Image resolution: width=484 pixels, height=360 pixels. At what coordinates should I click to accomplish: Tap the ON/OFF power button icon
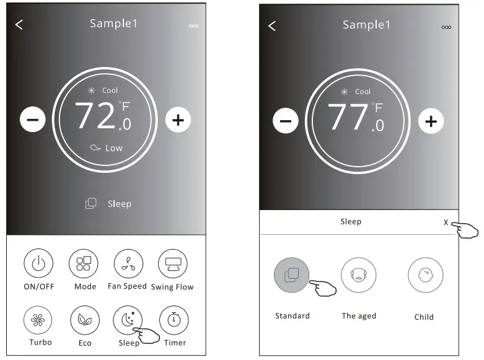[38, 263]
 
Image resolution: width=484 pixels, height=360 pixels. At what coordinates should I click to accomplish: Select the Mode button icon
[84, 263]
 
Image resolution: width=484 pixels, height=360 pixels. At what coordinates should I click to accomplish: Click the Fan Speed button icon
[128, 263]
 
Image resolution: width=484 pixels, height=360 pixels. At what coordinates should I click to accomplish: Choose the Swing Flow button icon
[173, 263]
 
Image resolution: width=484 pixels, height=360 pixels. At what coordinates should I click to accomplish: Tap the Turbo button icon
[38, 320]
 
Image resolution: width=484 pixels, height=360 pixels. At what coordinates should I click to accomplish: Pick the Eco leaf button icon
[85, 320]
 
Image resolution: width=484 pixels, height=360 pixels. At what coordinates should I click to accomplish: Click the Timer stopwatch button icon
[174, 320]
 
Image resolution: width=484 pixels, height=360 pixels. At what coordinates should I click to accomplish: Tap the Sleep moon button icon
[128, 320]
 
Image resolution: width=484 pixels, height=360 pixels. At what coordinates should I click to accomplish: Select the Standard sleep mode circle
[291, 274]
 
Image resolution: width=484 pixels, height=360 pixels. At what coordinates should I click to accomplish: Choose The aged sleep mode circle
[359, 274]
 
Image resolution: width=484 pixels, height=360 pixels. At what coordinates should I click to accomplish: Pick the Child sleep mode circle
[426, 274]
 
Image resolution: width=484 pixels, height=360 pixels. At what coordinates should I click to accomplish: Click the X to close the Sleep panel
[446, 222]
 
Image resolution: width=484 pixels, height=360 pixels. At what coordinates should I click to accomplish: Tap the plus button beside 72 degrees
[178, 120]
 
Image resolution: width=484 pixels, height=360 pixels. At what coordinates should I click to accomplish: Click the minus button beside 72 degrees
[33, 119]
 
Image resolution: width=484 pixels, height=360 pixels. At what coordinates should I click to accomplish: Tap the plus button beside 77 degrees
[431, 121]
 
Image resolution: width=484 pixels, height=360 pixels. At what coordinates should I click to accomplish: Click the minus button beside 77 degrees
[286, 121]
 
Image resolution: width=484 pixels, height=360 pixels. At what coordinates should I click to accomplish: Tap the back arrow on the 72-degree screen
[19, 25]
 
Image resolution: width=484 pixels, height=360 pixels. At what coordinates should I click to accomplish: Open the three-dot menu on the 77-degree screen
[446, 27]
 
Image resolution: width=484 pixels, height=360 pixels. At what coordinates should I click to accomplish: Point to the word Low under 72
[114, 148]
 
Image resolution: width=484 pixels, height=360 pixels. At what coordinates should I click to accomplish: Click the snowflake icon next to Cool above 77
[344, 92]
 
